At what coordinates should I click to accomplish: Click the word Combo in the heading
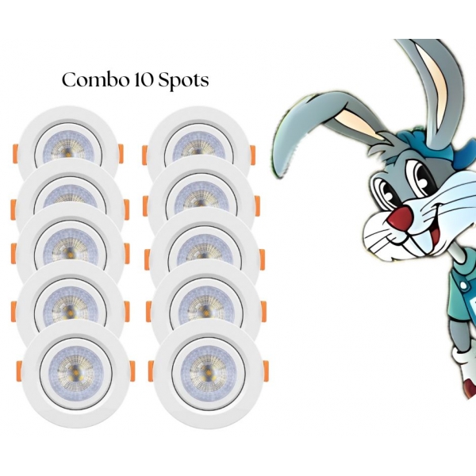click(89, 81)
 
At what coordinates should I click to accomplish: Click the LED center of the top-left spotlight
click(68, 148)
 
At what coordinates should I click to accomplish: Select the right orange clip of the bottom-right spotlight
click(263, 370)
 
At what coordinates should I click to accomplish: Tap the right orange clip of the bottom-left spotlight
click(131, 370)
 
